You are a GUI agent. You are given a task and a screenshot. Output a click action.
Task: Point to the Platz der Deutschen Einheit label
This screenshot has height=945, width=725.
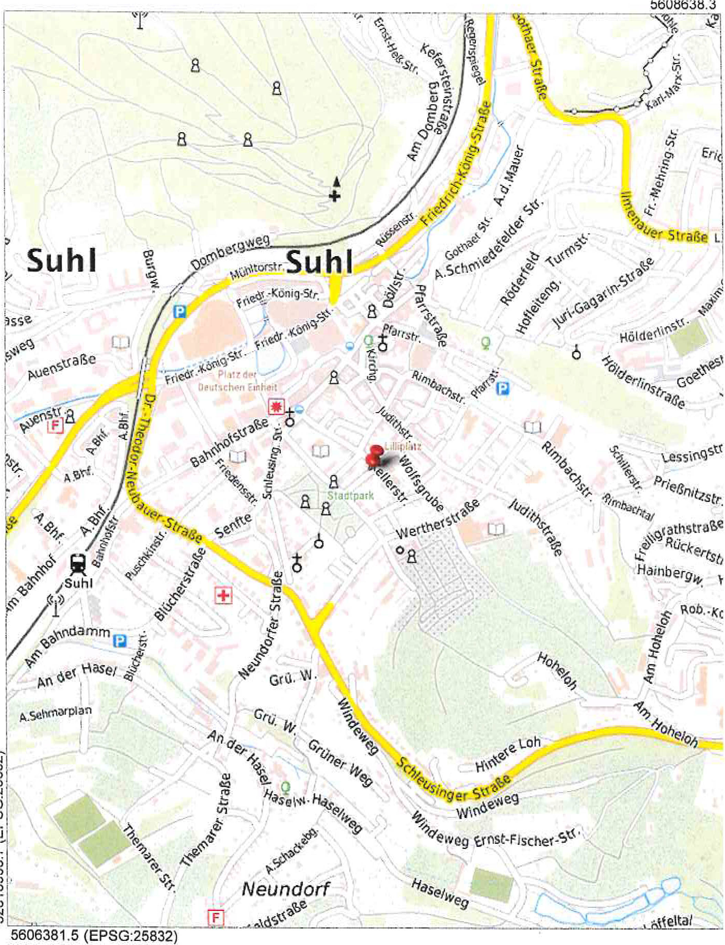(x=237, y=381)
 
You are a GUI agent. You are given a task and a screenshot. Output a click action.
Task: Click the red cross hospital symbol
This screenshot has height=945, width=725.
(x=223, y=596)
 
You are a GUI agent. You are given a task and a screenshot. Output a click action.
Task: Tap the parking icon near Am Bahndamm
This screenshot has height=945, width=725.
(x=119, y=641)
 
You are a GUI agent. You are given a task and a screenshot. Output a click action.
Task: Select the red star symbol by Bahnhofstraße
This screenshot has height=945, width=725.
(x=276, y=407)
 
